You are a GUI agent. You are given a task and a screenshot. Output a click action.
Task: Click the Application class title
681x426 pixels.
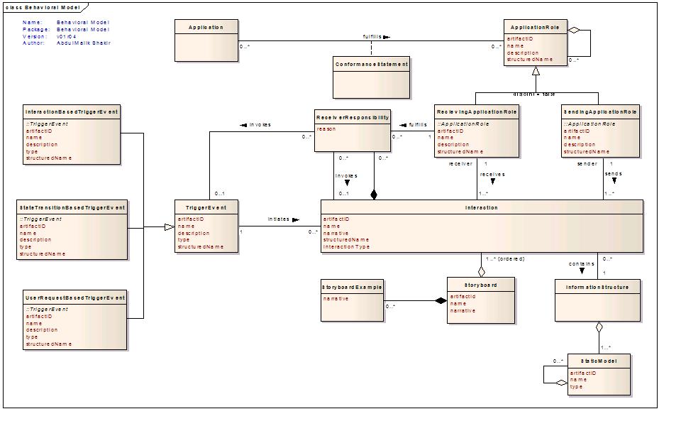click(206, 27)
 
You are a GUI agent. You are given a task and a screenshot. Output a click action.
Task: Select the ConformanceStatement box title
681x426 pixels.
click(371, 64)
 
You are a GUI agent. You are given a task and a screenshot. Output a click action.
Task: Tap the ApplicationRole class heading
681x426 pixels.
click(536, 27)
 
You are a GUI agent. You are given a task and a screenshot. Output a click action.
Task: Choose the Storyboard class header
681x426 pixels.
click(481, 285)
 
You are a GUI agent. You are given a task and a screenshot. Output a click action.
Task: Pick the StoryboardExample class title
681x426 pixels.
click(352, 287)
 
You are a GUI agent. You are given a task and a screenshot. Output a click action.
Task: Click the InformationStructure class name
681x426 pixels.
click(597, 287)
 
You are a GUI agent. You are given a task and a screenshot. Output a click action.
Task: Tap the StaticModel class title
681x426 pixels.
click(598, 361)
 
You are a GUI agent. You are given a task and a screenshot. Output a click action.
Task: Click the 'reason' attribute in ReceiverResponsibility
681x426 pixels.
click(326, 129)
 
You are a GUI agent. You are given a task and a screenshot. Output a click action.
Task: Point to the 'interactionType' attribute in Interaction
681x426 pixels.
click(347, 247)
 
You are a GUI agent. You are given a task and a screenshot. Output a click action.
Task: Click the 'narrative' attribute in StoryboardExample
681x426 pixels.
click(336, 299)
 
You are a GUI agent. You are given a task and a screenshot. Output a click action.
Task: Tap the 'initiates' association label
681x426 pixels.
click(279, 219)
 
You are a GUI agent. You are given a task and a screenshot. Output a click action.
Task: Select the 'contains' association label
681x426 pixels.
click(581, 263)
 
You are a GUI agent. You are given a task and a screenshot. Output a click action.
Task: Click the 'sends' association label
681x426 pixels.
click(613, 173)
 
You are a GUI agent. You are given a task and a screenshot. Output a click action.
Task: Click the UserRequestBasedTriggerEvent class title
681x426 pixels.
click(74, 298)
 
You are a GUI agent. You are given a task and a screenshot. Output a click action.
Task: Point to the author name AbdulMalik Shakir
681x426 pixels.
click(83, 43)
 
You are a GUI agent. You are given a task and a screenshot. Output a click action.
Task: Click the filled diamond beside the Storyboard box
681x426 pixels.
click(441, 301)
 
